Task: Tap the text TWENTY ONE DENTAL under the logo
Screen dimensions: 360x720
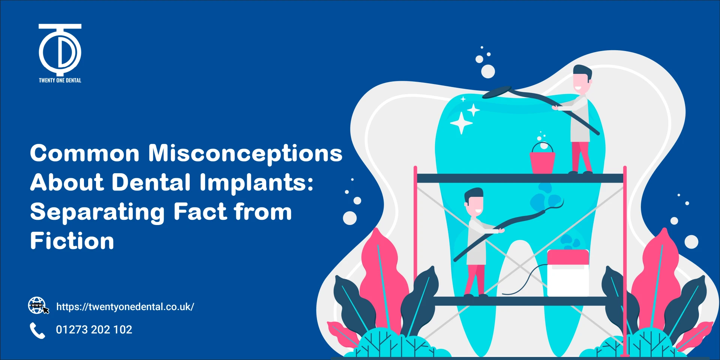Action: coord(60,80)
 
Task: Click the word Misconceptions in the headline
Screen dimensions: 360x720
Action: coord(245,154)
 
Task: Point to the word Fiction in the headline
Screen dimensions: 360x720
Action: coord(72,241)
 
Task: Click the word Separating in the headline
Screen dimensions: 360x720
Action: coord(97,212)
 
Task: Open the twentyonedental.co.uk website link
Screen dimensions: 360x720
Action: coord(125,307)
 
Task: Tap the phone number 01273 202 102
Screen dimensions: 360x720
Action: coord(94,330)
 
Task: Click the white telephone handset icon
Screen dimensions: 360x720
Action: coord(37,330)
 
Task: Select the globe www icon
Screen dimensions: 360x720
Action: coord(37,305)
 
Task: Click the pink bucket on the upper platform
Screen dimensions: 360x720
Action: coord(542,160)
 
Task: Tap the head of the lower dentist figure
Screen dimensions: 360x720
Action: coord(474,202)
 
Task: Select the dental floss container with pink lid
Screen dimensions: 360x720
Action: coord(568,273)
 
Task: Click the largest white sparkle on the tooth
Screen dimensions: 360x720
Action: coord(461,123)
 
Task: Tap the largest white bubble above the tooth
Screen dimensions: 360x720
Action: coord(488,71)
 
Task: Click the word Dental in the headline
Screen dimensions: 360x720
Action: coord(151,183)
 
